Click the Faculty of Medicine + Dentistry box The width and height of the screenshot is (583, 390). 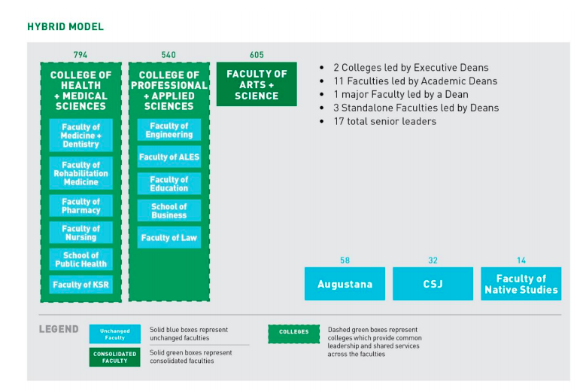(80, 135)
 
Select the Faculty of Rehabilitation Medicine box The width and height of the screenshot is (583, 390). (80, 173)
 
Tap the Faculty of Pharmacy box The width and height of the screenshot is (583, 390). (80, 206)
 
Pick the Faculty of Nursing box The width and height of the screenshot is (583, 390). (80, 233)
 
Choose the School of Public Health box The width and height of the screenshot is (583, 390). (80, 260)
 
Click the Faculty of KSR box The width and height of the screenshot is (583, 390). (80, 285)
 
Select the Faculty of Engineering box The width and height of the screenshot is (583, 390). (169, 130)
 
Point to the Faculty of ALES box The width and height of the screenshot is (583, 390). (169, 157)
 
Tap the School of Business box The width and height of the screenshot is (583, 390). (169, 211)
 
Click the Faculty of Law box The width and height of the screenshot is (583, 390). (169, 237)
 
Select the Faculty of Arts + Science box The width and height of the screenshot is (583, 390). (257, 84)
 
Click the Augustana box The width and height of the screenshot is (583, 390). (345, 284)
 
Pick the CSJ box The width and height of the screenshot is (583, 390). (433, 284)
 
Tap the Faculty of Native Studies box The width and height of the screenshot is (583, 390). (521, 284)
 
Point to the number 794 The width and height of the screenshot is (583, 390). (80, 55)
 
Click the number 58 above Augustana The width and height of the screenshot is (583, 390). (345, 261)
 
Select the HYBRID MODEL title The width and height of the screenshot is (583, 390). (65, 27)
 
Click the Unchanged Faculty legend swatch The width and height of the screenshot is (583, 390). (115, 334)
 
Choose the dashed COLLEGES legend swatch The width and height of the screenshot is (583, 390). (293, 334)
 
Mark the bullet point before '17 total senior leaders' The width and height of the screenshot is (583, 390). (322, 121)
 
